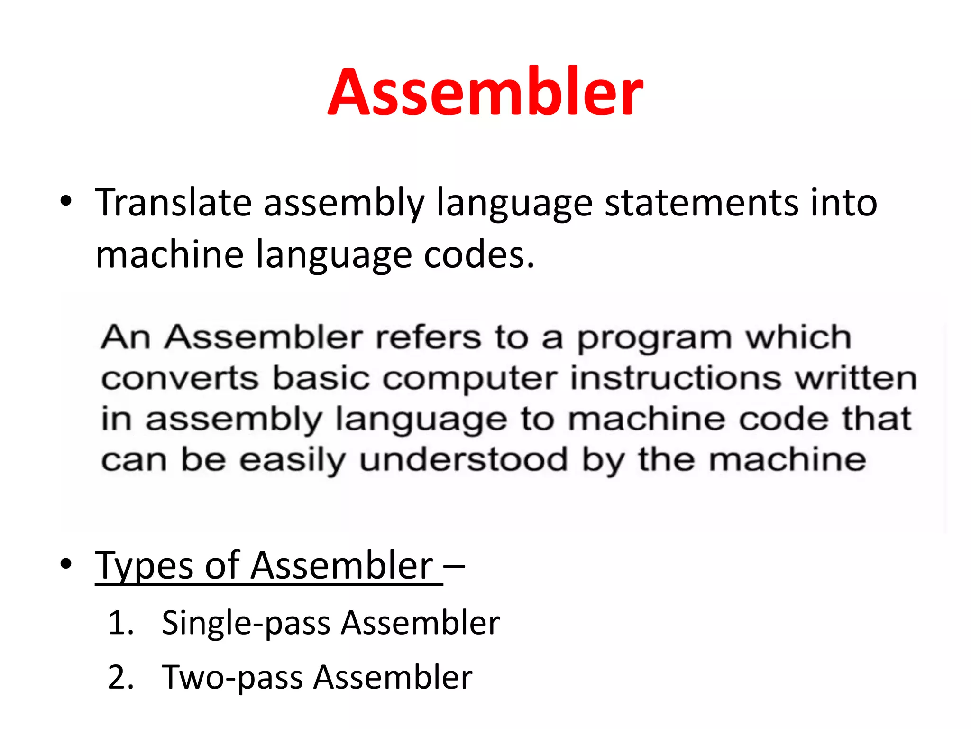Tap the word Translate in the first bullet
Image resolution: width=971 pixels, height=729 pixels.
click(173, 203)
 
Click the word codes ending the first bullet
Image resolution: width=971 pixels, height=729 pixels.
click(479, 255)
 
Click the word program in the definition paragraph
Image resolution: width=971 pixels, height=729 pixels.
click(655, 338)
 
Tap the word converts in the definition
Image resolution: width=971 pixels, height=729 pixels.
click(180, 379)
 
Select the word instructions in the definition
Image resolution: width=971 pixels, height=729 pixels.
click(676, 379)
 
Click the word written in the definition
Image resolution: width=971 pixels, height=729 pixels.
click(856, 379)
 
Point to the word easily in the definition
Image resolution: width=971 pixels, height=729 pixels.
click(292, 460)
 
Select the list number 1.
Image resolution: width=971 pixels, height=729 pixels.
click(120, 623)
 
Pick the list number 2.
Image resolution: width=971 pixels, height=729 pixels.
click(120, 677)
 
